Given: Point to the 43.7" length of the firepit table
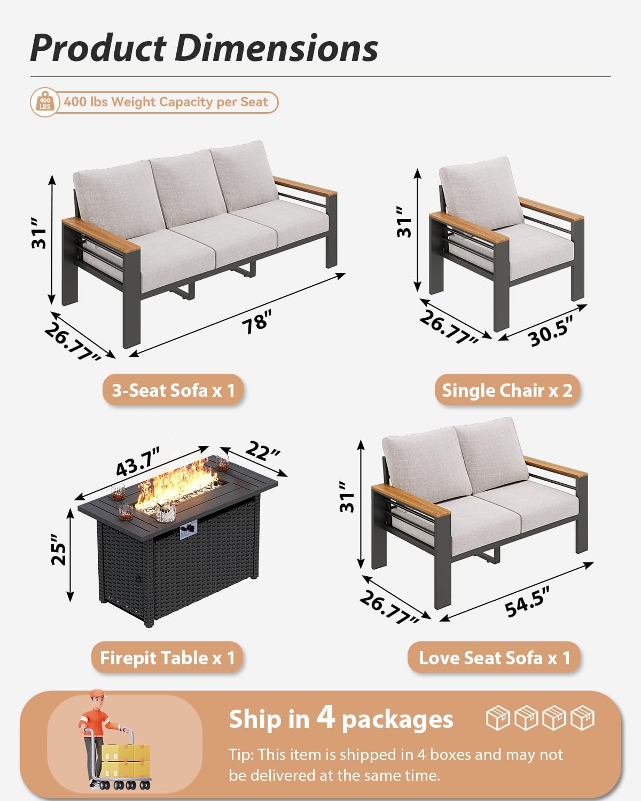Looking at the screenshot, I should pyautogui.click(x=138, y=462).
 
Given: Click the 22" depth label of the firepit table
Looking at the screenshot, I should pyautogui.click(x=262, y=451).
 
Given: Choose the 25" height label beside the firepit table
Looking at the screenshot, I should pyautogui.click(x=59, y=548).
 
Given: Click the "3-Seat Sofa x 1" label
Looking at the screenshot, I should pyautogui.click(x=173, y=390).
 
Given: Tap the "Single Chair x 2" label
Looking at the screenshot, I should pyautogui.click(x=507, y=390).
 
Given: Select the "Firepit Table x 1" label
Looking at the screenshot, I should pyautogui.click(x=167, y=658).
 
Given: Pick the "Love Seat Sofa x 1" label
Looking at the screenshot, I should pyautogui.click(x=494, y=658).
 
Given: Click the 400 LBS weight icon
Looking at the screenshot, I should pyautogui.click(x=45, y=102).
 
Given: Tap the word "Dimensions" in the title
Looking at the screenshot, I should pyautogui.click(x=276, y=48).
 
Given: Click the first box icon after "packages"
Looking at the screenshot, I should pyautogui.click(x=497, y=718).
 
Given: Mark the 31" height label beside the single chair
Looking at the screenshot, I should pyautogui.click(x=404, y=222).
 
